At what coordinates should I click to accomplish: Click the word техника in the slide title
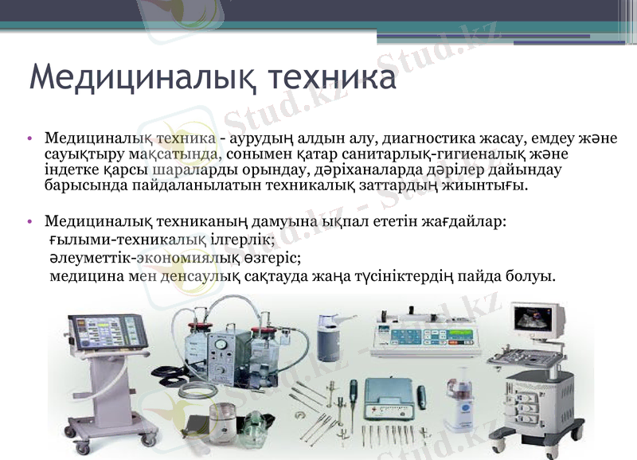coord(334,79)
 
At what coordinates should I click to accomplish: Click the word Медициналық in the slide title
coord(139,79)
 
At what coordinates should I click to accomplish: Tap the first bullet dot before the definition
coord(30,139)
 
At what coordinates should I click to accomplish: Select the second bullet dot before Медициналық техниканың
coord(30,221)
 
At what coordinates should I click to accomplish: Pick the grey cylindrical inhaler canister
coord(329,337)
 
